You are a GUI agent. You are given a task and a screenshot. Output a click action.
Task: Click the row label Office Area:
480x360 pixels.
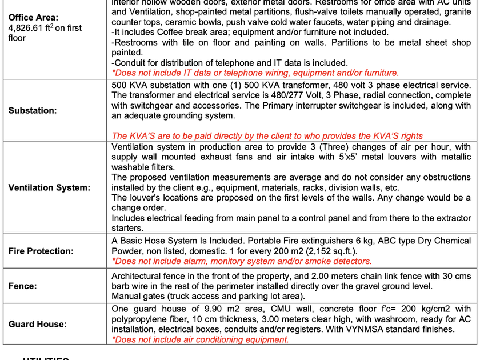pyautogui.click(x=33, y=18)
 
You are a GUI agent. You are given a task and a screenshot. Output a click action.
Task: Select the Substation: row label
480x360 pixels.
pyautogui.click(x=33, y=110)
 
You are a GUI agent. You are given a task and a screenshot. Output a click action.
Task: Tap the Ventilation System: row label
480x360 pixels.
pyautogui.click(x=49, y=187)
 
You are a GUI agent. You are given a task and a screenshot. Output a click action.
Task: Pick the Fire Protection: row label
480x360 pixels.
pyautogui.click(x=41, y=251)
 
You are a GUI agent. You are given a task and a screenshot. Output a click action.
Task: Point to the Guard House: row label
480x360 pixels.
pyautogui.click(x=37, y=324)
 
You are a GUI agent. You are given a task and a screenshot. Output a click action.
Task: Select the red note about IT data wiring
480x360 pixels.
pyautogui.click(x=255, y=73)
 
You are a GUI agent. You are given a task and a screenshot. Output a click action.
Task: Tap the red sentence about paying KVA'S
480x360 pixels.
pyautogui.click(x=267, y=136)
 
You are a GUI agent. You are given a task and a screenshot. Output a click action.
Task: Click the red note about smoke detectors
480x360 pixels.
pyautogui.click(x=241, y=261)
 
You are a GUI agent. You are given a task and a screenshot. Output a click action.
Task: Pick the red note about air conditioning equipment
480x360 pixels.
pyautogui.click(x=200, y=339)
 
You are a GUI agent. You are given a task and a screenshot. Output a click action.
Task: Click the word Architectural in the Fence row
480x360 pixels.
pyautogui.click(x=135, y=275)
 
